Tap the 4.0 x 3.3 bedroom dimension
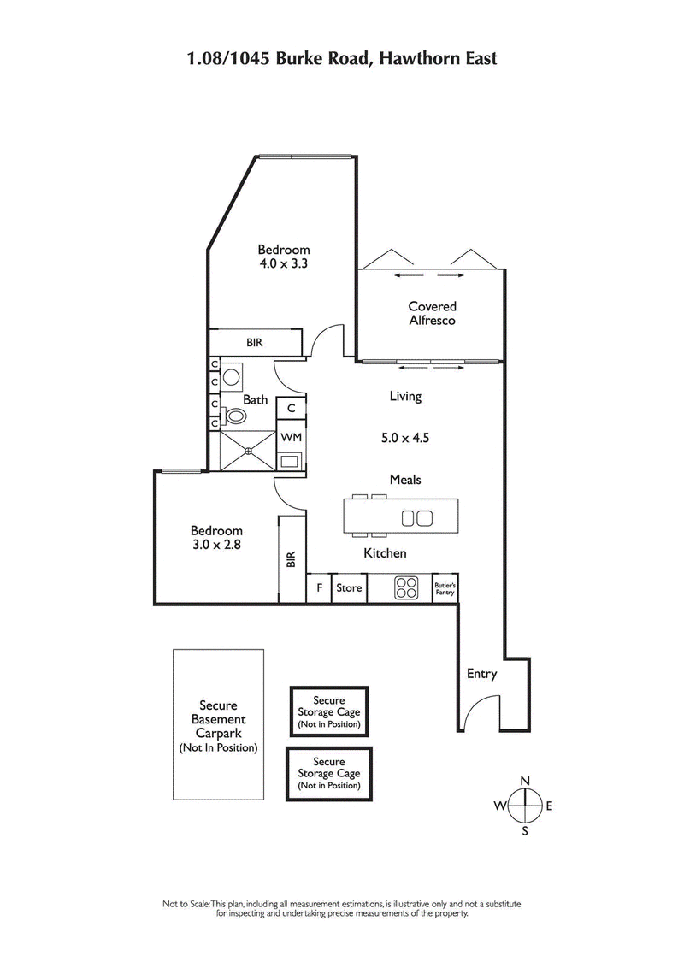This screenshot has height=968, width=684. [x=284, y=264]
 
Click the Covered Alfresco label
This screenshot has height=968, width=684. [x=432, y=313]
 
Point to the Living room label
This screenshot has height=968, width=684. [x=405, y=397]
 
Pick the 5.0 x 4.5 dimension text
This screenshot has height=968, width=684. [x=404, y=438]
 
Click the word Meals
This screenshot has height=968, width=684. [x=404, y=480]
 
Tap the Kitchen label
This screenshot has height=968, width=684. [x=385, y=553]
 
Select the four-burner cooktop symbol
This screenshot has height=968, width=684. [x=405, y=587]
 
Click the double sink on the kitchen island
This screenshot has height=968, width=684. [x=416, y=517]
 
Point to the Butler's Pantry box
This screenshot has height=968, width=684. [x=446, y=587]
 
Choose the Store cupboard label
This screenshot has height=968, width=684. [x=349, y=588]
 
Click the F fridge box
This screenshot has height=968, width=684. [x=319, y=588]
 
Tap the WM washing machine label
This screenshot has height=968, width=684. [x=291, y=437]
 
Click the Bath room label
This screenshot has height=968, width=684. [x=255, y=399]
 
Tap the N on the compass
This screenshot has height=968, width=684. [x=526, y=780]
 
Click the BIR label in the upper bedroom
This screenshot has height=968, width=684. [x=254, y=343]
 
